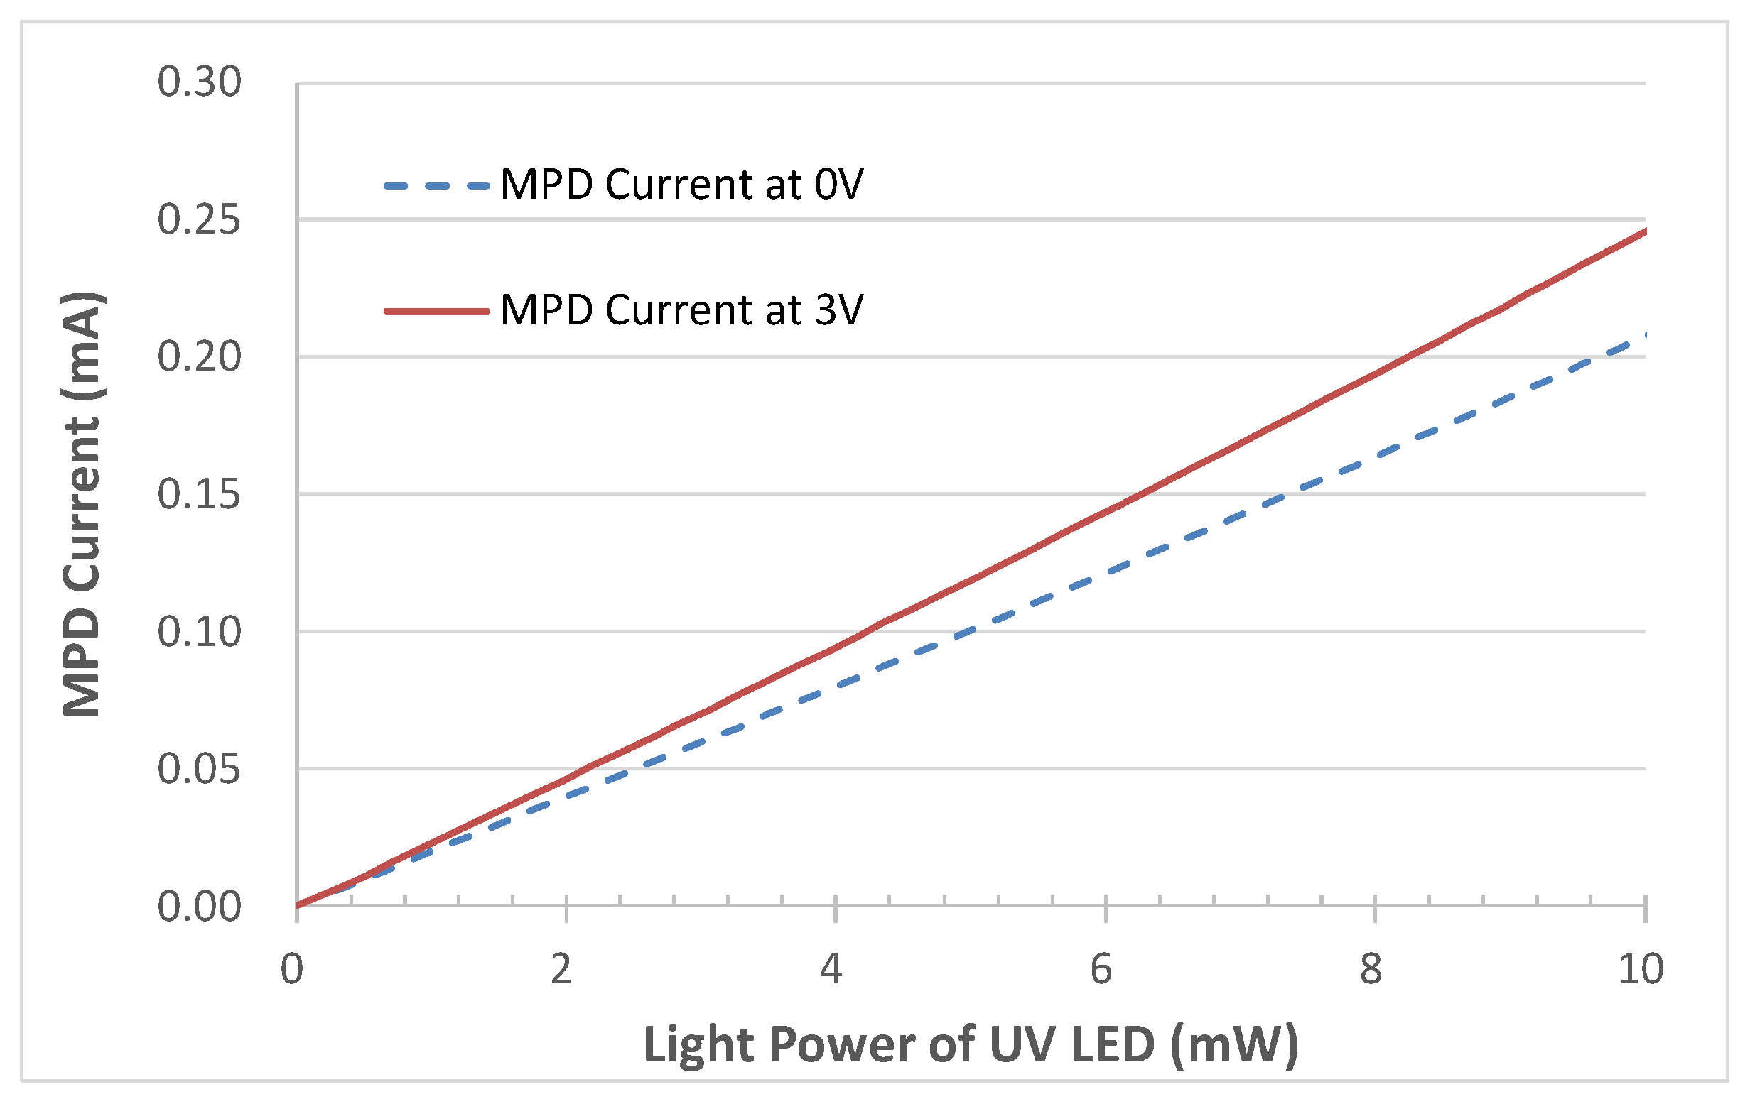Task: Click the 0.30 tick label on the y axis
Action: [x=198, y=82]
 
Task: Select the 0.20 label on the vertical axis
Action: [x=198, y=356]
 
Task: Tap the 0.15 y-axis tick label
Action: [x=198, y=495]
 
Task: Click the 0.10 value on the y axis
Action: [x=198, y=632]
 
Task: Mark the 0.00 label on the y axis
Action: [x=198, y=907]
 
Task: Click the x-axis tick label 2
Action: [x=561, y=969]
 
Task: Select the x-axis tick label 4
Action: [x=831, y=969]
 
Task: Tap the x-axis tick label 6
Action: [x=1101, y=969]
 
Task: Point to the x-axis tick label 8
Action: [x=1371, y=969]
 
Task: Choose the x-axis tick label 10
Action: [x=1641, y=969]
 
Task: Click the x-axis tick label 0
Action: [x=292, y=969]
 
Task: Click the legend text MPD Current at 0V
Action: [x=681, y=185]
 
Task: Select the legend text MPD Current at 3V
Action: [x=681, y=310]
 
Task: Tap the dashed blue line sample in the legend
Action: [x=436, y=186]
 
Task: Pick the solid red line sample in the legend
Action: [x=436, y=311]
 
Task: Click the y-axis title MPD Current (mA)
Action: [x=82, y=504]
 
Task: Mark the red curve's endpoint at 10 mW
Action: [x=1644, y=231]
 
